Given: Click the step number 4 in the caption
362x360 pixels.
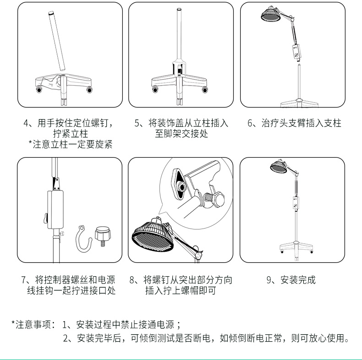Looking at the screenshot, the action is [26, 123].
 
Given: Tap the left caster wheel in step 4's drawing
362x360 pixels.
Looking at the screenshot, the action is [39, 89].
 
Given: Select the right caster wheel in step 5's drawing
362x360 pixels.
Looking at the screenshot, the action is [204, 89].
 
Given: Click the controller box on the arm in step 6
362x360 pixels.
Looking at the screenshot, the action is [296, 51].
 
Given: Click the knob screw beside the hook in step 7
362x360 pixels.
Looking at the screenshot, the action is [103, 236].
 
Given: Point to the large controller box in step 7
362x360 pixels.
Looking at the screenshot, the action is [55, 209].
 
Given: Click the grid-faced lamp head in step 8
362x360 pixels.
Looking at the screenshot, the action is [153, 235].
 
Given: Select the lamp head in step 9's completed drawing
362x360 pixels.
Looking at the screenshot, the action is [279, 166].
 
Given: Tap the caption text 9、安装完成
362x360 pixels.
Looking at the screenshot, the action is [291, 280].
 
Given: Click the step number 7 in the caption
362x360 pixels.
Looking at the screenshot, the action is [24, 280].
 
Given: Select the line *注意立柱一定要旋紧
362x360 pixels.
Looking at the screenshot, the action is [71, 144].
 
